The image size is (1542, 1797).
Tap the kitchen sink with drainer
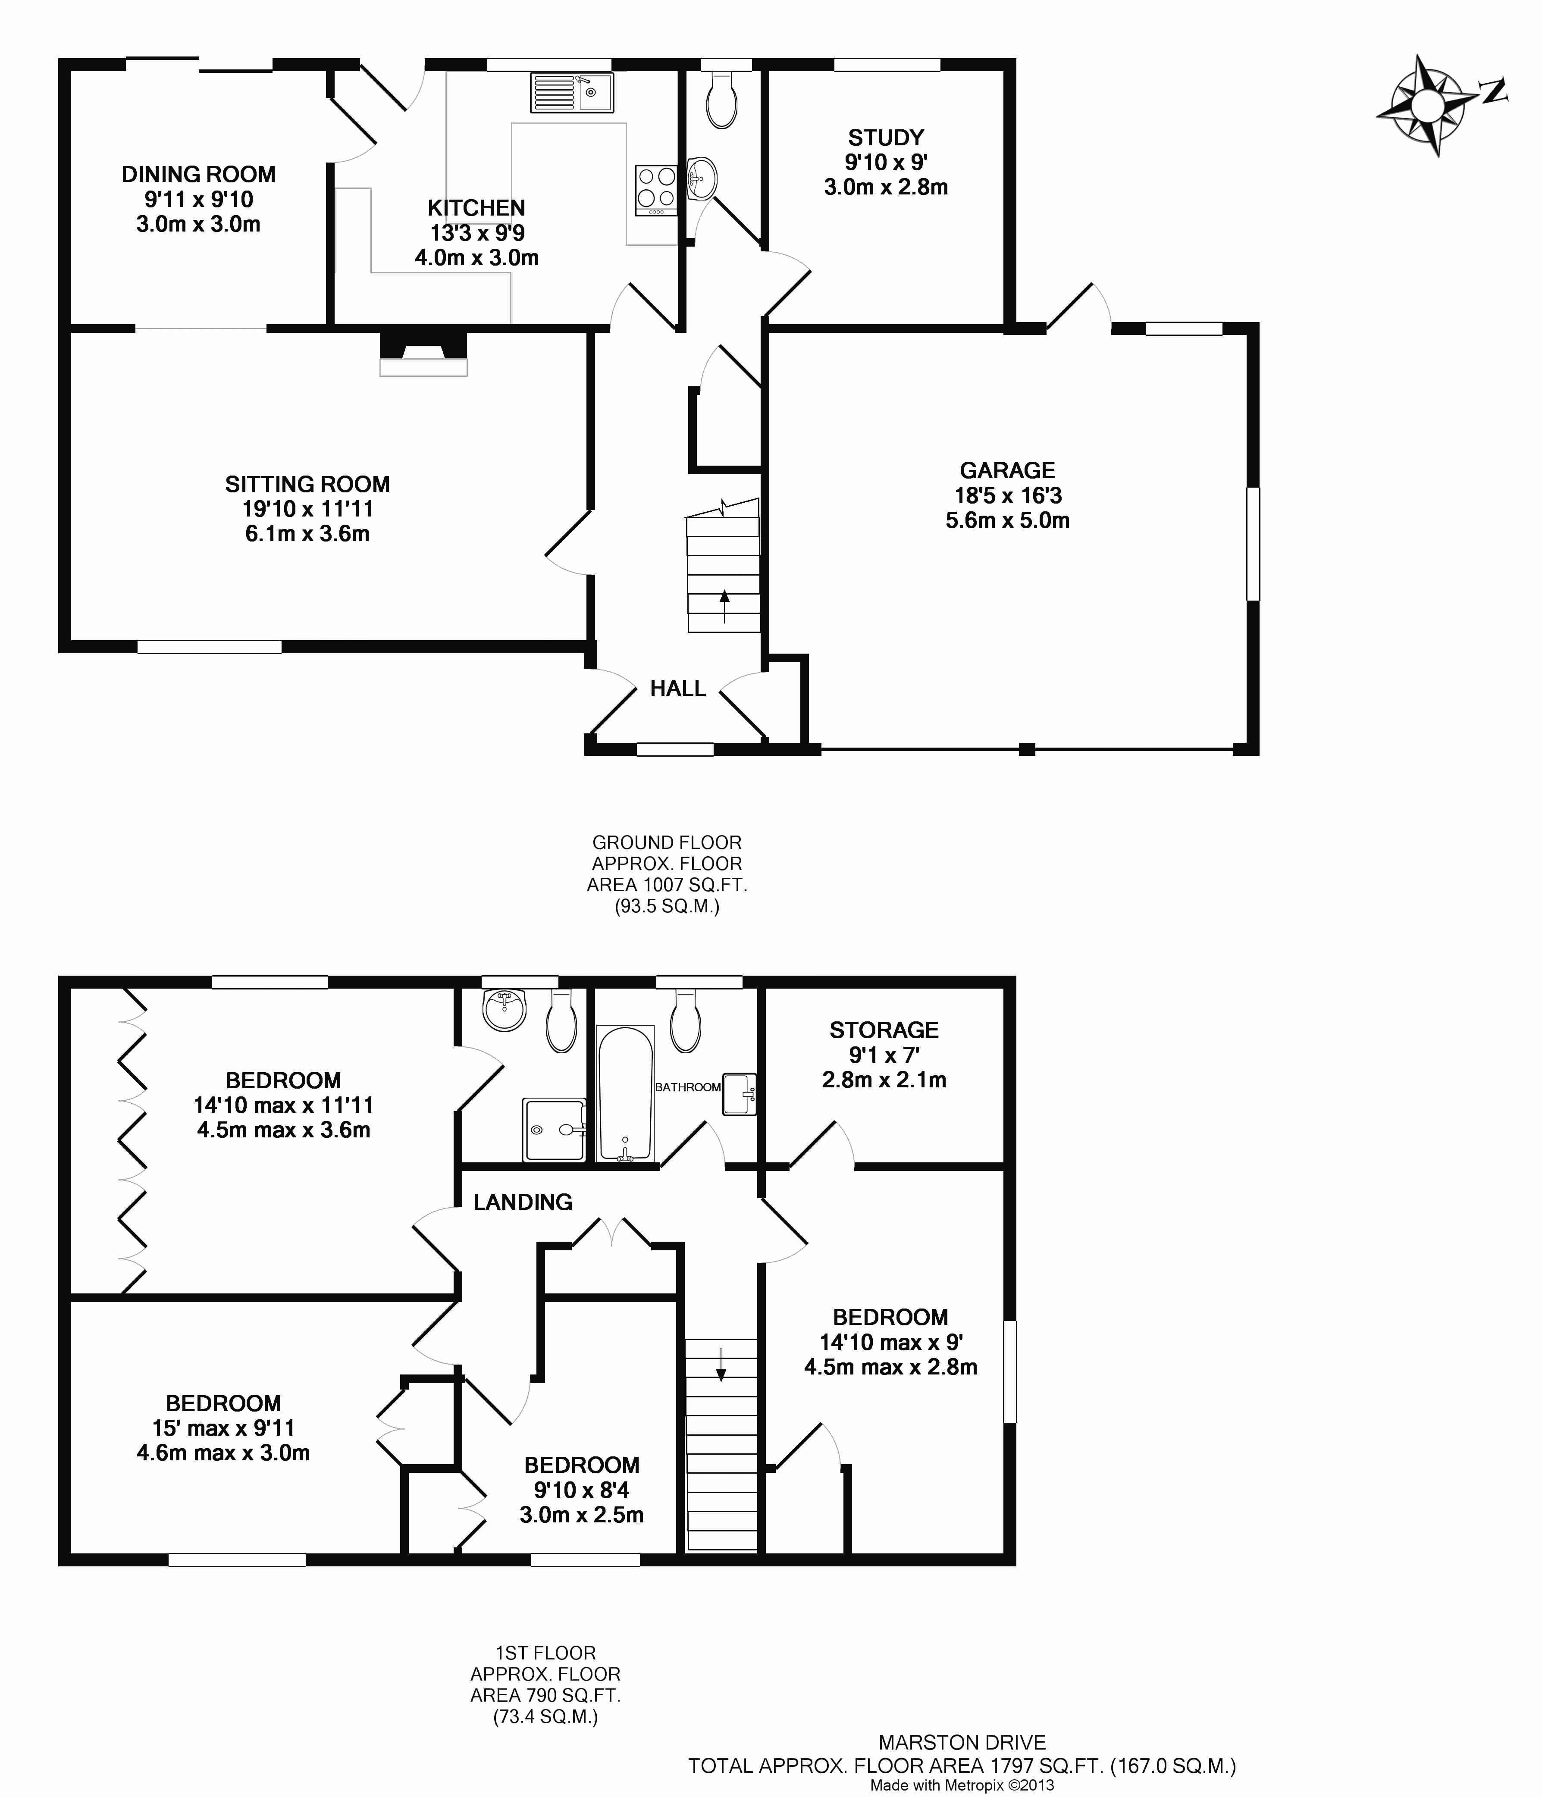tap(571, 92)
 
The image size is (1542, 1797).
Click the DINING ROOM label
tap(199, 174)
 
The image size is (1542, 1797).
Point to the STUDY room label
tap(885, 138)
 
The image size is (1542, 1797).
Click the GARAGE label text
tap(1007, 470)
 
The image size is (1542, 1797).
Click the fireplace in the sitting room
tap(423, 354)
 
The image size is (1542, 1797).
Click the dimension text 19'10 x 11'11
tap(308, 509)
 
